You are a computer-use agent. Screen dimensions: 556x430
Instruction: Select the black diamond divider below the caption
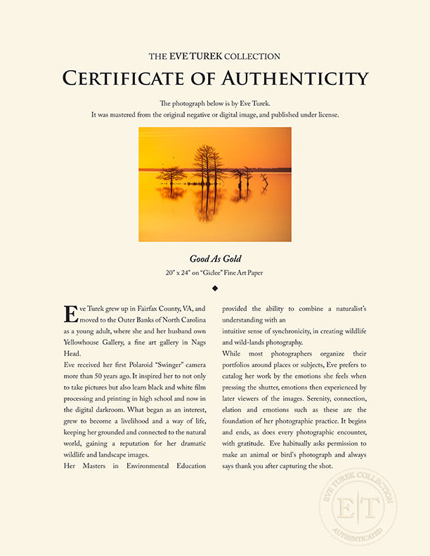tap(215, 288)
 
